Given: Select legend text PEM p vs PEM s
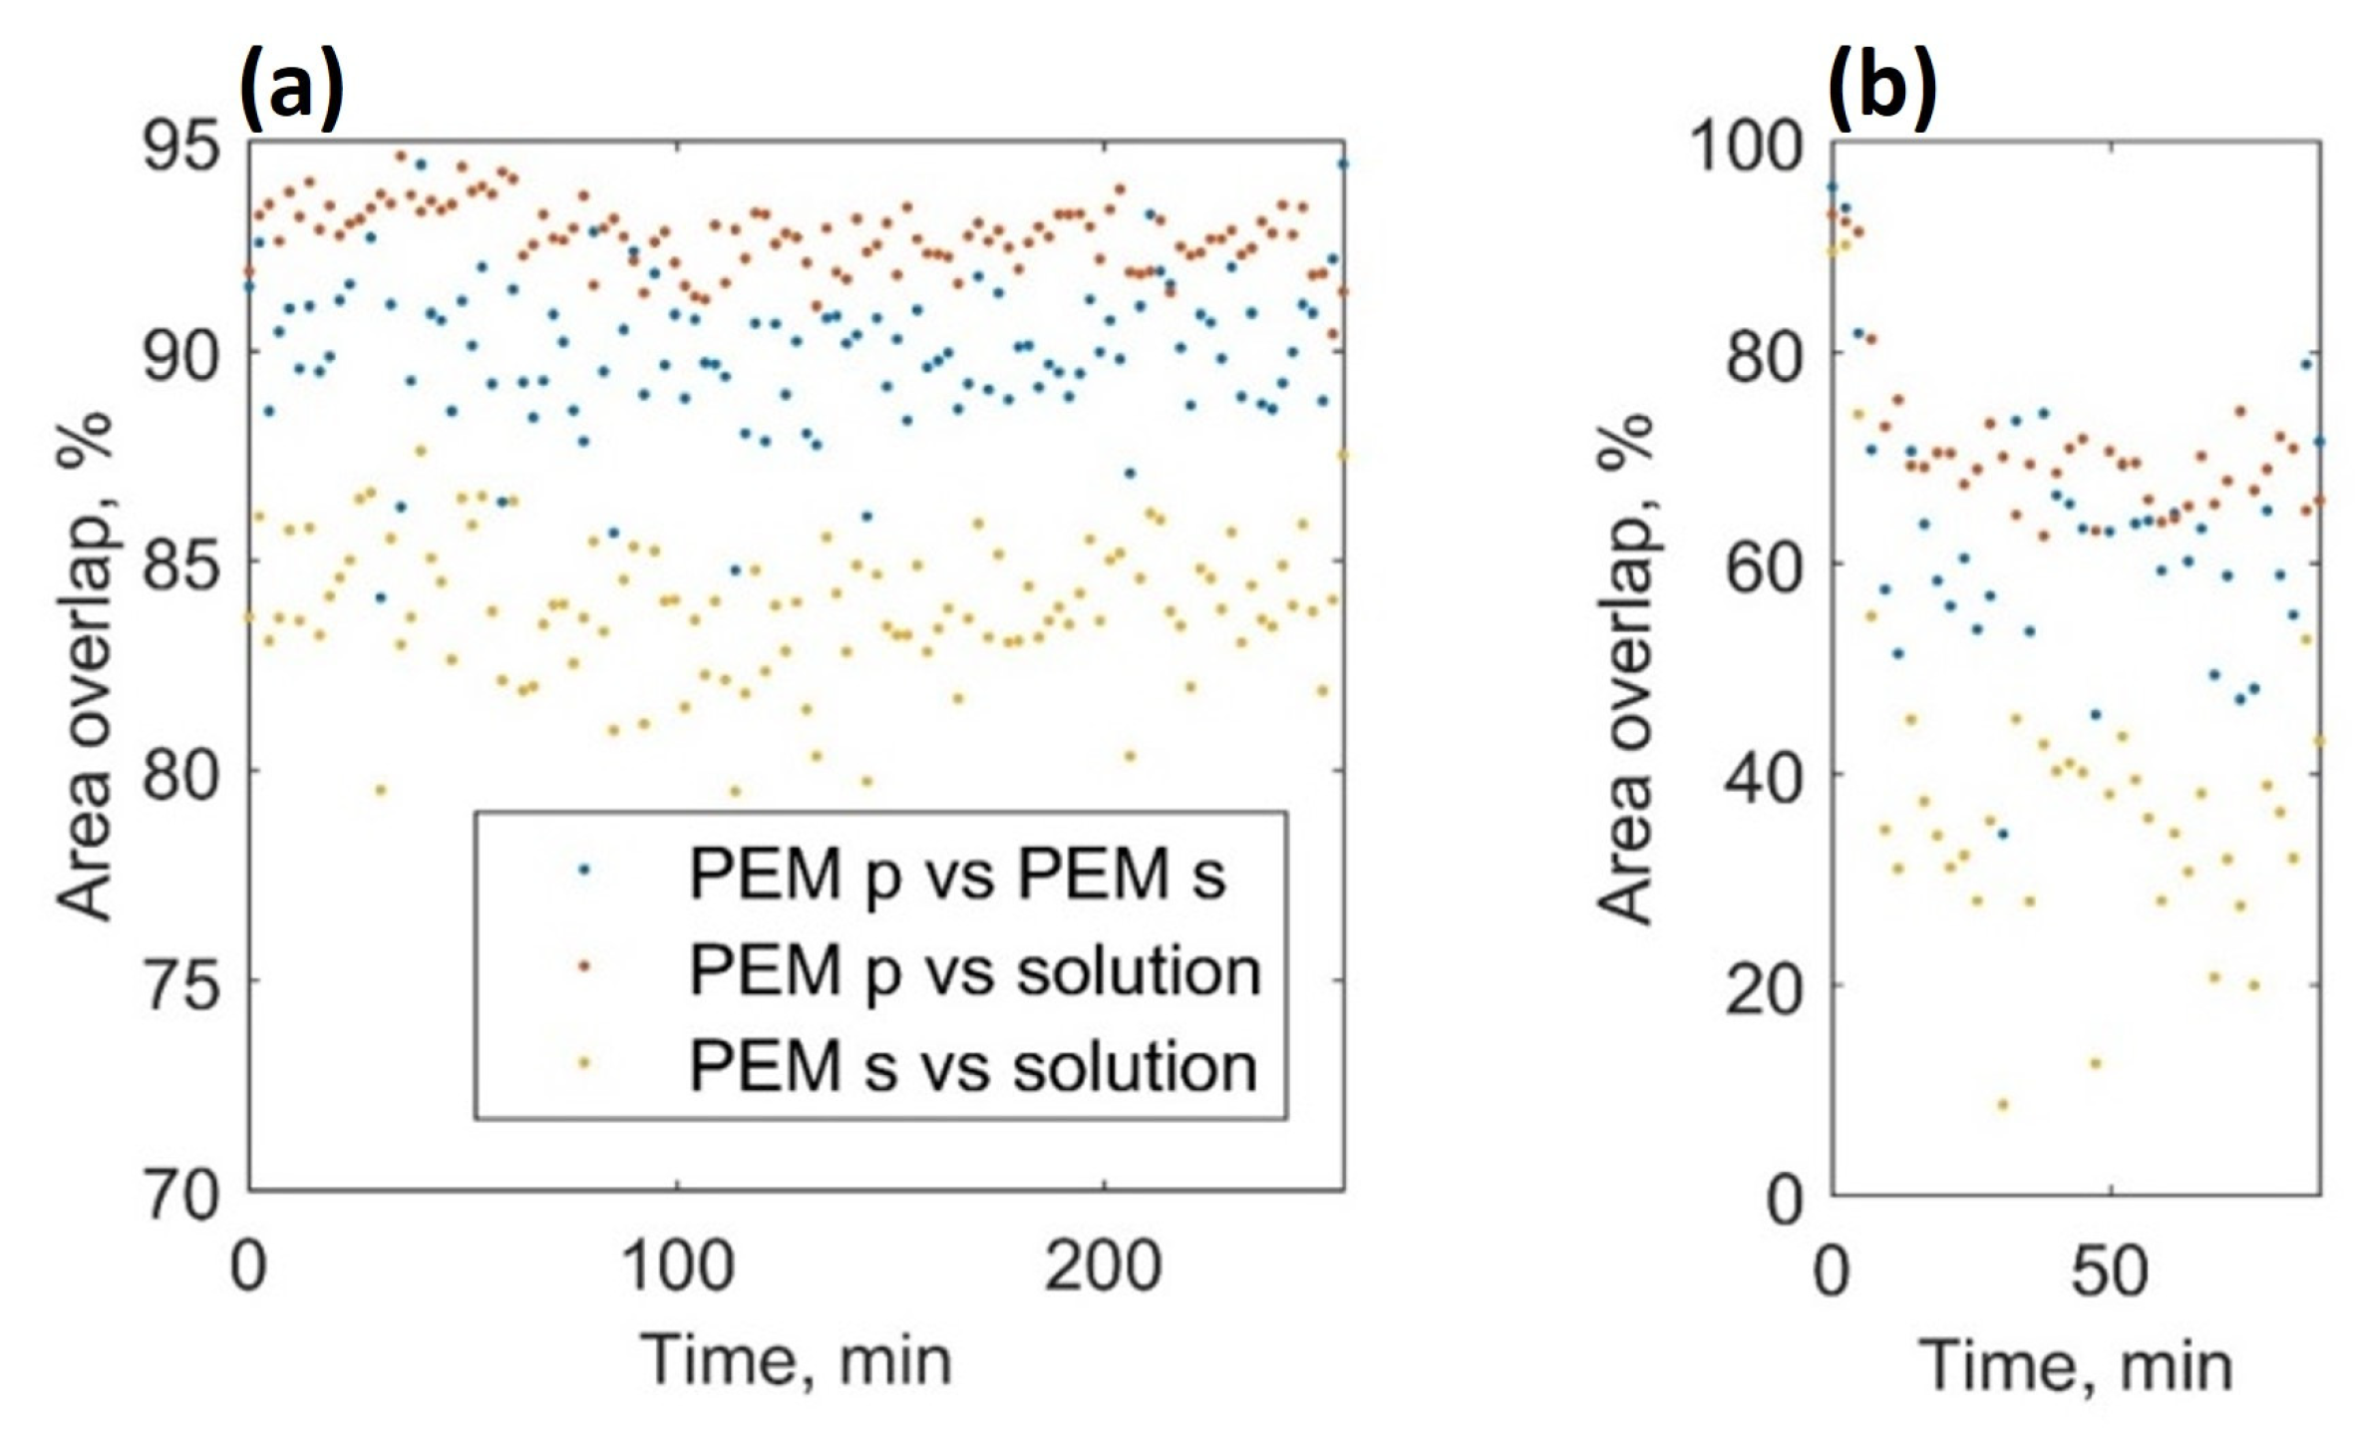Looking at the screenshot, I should click(x=957, y=876).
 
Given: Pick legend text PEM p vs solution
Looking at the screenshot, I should click(x=975, y=970).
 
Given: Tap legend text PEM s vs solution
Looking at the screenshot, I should click(x=973, y=1066).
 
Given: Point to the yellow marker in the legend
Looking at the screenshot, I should click(x=585, y=1064).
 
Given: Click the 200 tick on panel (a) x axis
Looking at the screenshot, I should click(x=1103, y=1266).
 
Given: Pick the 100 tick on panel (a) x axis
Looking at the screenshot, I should click(x=677, y=1266).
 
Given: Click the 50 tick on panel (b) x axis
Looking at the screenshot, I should click(x=2109, y=1271).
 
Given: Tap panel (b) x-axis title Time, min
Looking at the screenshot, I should click(x=2076, y=1365).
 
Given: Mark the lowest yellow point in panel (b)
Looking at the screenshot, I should click(x=2001, y=1105).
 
